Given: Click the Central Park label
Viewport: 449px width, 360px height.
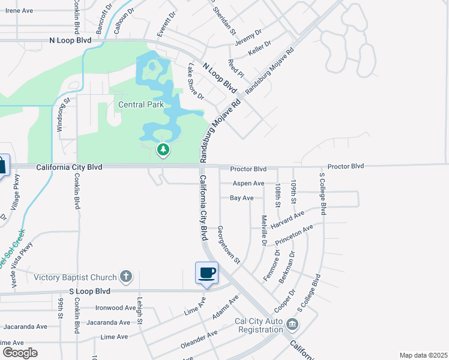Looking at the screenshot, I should tap(140, 104).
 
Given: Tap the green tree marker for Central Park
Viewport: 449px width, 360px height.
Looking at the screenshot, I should tap(163, 149).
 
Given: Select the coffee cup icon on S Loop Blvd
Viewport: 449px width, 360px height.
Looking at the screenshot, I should tap(206, 273).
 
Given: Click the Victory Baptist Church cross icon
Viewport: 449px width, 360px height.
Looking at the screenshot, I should tap(125, 277).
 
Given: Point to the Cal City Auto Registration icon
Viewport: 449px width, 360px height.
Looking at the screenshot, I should tap(292, 325).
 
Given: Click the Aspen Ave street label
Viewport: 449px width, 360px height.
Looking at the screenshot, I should tap(247, 183).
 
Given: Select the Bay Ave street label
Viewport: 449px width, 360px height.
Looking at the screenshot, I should tap(242, 197).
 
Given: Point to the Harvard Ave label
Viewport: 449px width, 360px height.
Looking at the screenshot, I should tap(288, 218).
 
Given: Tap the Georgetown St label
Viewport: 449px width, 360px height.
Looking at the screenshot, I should tap(229, 245).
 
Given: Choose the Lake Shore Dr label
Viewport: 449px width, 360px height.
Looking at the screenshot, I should tap(196, 82).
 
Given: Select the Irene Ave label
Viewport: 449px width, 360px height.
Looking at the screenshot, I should tap(19, 11).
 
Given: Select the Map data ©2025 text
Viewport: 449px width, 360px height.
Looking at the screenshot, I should tap(423, 355).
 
